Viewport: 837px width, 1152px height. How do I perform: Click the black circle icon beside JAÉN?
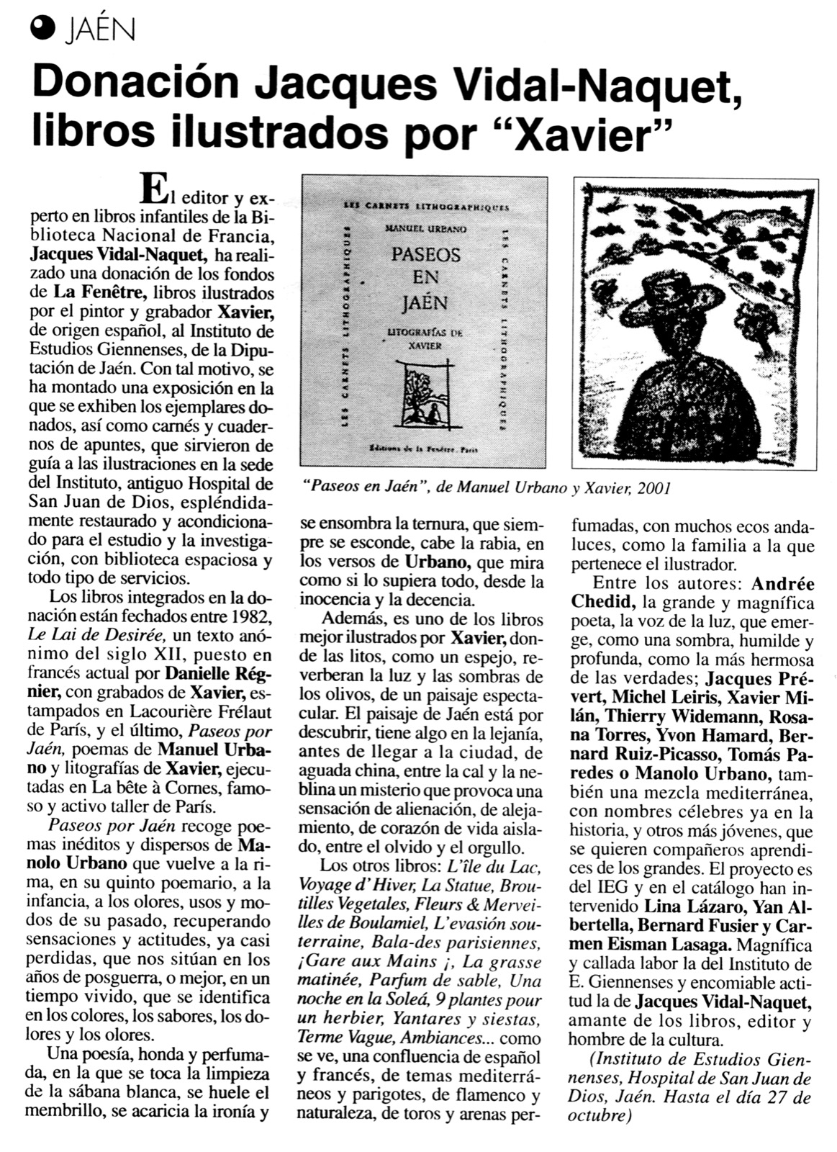click(44, 30)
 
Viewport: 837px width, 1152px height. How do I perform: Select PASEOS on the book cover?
click(426, 254)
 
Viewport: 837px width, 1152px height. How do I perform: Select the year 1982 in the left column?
click(250, 617)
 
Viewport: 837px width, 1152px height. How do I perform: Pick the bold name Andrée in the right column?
click(784, 583)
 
